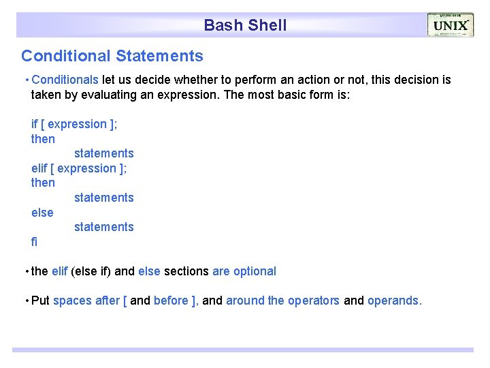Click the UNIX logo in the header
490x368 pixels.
(x=450, y=25)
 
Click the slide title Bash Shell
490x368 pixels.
(x=245, y=25)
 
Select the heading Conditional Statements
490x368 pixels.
(x=112, y=56)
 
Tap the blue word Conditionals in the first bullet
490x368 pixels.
(x=65, y=80)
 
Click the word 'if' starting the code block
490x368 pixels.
(x=35, y=124)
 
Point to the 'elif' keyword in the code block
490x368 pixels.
(x=40, y=168)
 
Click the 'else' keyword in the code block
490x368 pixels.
(x=42, y=213)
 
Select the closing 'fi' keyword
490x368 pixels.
(x=35, y=242)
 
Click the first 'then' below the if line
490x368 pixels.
(x=43, y=139)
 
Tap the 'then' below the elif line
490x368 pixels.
(x=43, y=183)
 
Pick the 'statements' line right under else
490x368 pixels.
(x=104, y=227)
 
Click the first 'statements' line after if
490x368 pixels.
(x=104, y=153)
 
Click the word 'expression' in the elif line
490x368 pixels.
(x=87, y=168)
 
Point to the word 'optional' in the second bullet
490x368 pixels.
(x=255, y=271)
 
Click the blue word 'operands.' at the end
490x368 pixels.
(x=395, y=301)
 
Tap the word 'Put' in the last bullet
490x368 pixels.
(x=40, y=301)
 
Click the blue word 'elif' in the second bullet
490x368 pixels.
(x=59, y=271)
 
